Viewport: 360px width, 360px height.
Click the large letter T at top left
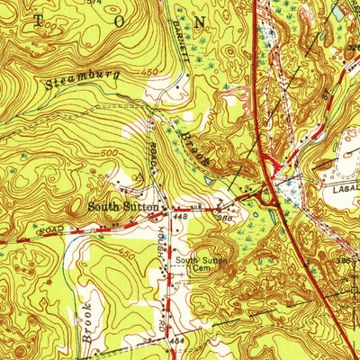pos(20,19)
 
